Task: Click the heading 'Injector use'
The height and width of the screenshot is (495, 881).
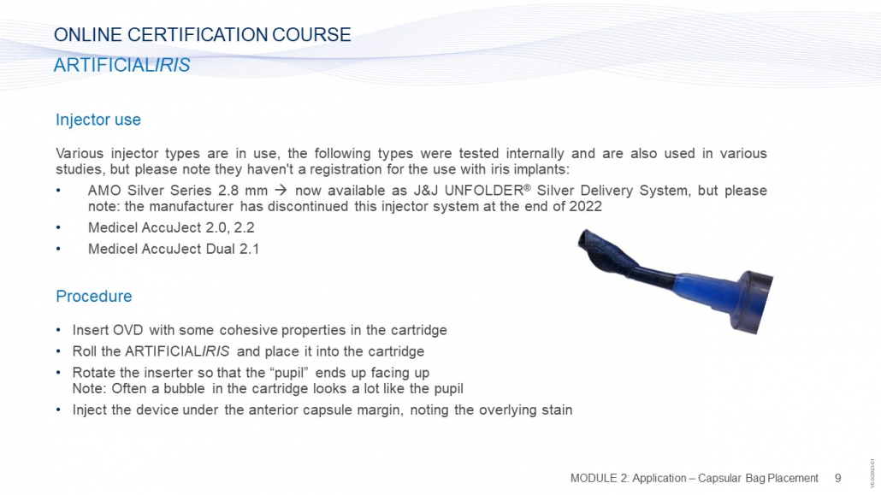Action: (x=98, y=120)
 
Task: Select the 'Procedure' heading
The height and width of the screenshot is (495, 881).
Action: (x=94, y=296)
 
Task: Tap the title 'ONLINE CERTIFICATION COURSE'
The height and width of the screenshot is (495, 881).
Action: (x=202, y=35)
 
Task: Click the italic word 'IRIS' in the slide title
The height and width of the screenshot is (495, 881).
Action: (x=173, y=65)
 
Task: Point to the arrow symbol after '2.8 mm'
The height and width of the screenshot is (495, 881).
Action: (x=281, y=191)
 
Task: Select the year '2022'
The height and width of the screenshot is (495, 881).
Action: (x=585, y=206)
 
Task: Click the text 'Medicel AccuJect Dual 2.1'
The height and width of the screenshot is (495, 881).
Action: (x=174, y=249)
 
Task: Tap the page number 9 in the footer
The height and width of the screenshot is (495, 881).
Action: (x=837, y=478)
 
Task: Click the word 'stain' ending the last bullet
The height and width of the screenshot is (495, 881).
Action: (x=557, y=410)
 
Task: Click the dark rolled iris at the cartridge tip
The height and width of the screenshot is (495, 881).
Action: (x=606, y=253)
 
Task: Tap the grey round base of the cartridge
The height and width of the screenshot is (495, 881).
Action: (x=752, y=303)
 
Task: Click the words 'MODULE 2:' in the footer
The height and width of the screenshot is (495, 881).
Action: (x=599, y=478)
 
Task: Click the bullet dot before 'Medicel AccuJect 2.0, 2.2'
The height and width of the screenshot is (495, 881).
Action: (x=58, y=227)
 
